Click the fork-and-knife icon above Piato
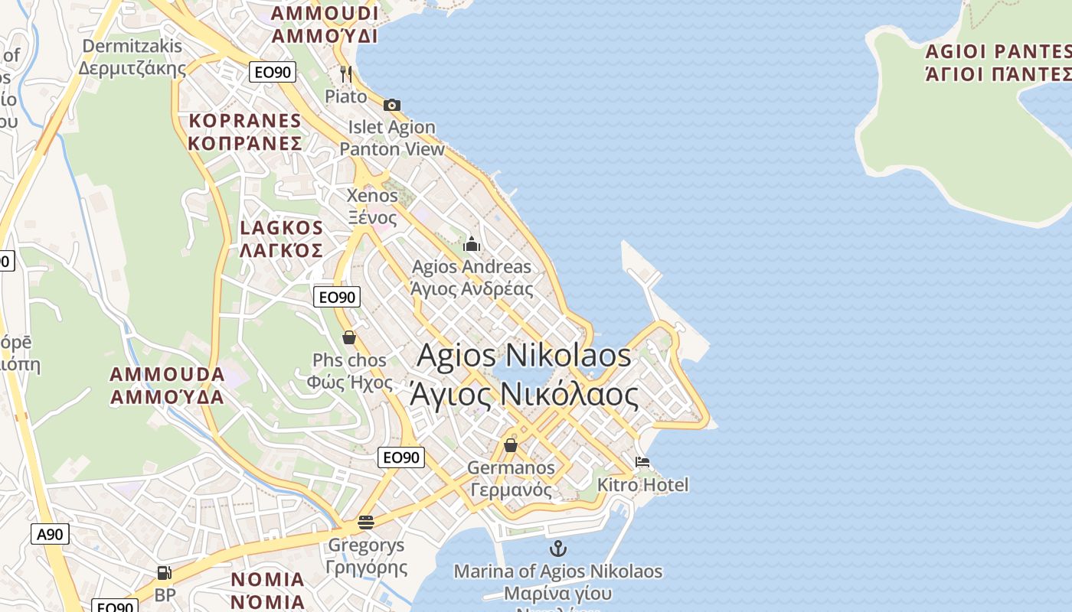346,73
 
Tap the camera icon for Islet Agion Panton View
392,105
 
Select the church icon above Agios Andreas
472,245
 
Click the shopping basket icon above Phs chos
349,337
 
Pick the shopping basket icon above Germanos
511,445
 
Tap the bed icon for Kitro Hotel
642,462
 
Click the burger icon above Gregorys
366,522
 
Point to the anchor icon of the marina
558,548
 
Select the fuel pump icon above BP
164,572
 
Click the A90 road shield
50,534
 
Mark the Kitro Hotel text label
642,484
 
